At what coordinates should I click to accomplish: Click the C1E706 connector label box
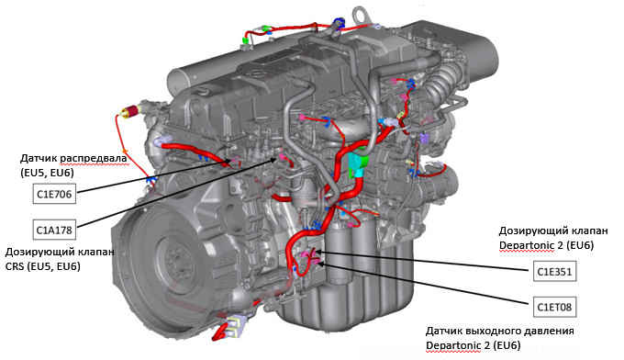[x=54, y=194]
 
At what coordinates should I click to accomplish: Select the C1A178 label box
[x=54, y=230]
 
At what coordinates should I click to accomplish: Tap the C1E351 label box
[x=554, y=272]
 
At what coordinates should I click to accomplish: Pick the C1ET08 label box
[x=554, y=307]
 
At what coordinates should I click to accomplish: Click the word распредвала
[x=94, y=159]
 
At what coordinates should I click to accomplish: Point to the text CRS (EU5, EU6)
[x=42, y=266]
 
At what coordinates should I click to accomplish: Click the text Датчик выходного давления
[x=500, y=331]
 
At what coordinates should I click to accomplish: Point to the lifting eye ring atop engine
[x=361, y=15]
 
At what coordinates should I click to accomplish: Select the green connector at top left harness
[x=246, y=39]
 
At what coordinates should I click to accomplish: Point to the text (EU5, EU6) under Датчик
[x=47, y=173]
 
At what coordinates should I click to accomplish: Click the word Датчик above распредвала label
[x=39, y=159]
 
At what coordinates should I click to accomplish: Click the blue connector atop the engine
[x=339, y=22]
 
